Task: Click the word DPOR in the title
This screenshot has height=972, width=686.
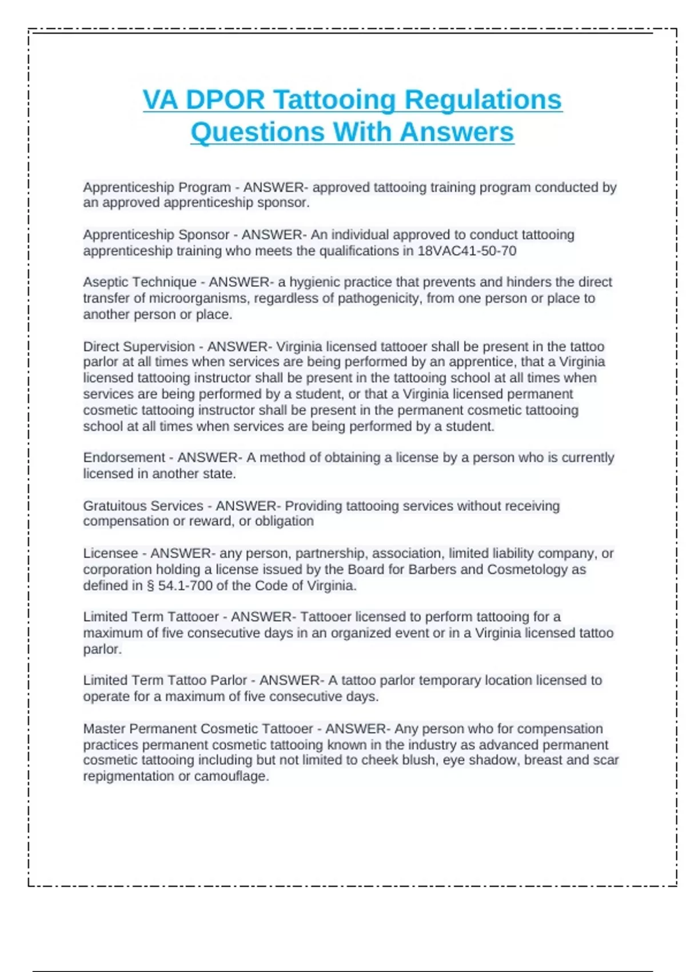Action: click(x=225, y=99)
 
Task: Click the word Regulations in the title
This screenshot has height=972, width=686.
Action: click(x=483, y=99)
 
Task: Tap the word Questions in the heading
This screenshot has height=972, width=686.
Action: click(x=257, y=132)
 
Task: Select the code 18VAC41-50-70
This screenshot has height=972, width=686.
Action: click(x=466, y=251)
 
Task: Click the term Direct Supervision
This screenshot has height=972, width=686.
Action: click(x=139, y=346)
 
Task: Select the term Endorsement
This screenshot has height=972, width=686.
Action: click(x=124, y=457)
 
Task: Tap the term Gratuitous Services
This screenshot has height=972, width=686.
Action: click(x=143, y=506)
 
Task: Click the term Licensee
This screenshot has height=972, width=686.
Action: click(x=110, y=553)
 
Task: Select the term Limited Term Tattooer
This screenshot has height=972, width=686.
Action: click(x=151, y=617)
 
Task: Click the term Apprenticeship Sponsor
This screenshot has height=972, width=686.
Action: click(x=156, y=235)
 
